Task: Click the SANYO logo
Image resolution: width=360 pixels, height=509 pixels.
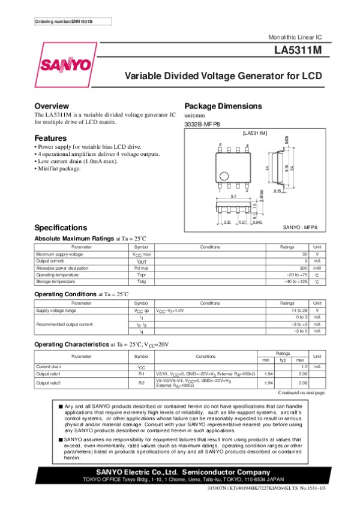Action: coord(66,64)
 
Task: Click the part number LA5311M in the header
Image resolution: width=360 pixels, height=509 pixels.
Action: coord(297,51)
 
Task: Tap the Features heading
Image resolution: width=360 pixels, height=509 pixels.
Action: coord(50,138)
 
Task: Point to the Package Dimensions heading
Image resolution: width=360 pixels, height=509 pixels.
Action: coord(223,106)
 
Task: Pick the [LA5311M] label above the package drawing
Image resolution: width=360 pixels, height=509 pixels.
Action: coord(254,132)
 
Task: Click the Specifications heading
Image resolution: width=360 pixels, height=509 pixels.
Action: coord(61,228)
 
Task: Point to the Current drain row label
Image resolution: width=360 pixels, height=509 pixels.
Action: coord(49,366)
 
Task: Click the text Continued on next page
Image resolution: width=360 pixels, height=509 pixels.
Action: coord(302,392)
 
